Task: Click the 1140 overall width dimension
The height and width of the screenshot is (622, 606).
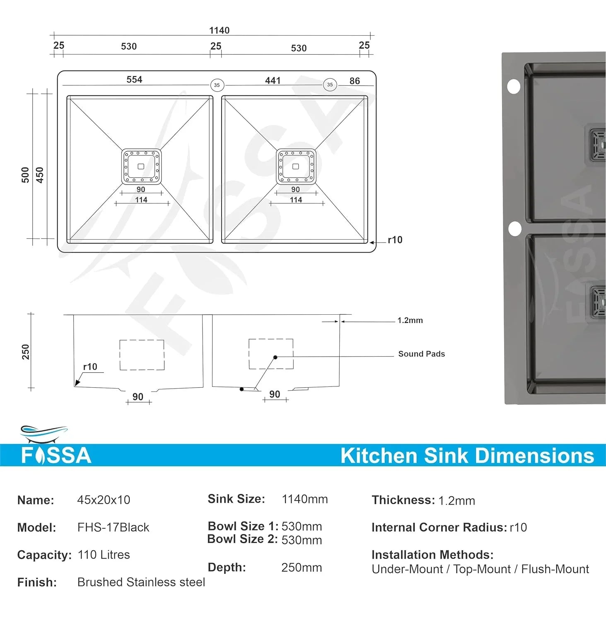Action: coord(219,30)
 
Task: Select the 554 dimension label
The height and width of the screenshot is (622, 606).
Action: coord(134,79)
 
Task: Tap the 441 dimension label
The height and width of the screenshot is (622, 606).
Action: coord(273,80)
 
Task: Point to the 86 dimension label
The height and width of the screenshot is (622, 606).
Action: coord(355,81)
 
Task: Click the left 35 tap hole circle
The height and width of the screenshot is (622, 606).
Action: coord(217,85)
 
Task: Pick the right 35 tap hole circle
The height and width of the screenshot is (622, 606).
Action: coord(330,85)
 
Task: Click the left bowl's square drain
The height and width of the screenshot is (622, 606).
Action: coord(141,166)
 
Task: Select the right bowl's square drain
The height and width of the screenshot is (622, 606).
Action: coord(296,166)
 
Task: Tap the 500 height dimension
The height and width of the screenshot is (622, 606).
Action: coord(25,175)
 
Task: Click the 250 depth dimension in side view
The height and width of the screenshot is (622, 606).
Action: coord(26,352)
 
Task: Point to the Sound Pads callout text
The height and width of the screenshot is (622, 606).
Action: coord(421,354)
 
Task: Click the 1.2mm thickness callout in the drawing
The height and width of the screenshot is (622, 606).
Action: coord(410,320)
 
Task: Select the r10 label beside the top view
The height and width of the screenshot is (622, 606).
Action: coord(395,240)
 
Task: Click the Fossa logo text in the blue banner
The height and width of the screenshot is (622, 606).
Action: coord(56,455)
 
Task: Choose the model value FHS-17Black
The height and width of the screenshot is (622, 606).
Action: coord(113,527)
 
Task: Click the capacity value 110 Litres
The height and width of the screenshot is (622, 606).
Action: coord(104,554)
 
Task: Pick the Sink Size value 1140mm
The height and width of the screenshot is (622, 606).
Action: coord(304,499)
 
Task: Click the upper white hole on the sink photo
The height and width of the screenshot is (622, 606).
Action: coord(514,87)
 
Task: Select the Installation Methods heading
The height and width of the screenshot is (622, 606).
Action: coord(432,554)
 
